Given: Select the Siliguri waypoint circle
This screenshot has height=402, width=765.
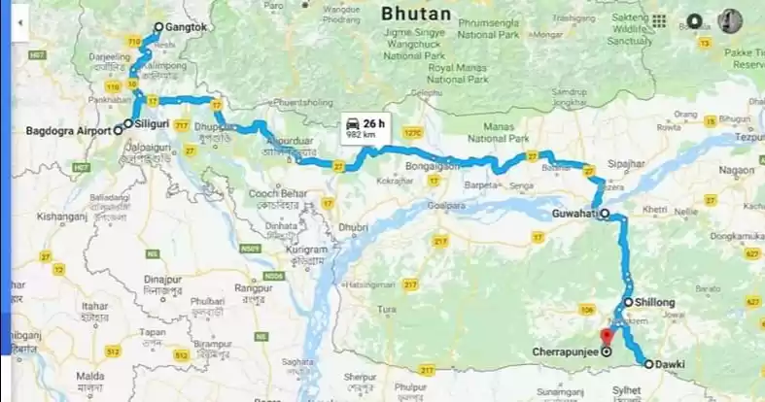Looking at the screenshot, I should pos(127,124).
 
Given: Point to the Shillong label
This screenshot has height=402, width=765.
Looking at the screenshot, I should pos(655,303).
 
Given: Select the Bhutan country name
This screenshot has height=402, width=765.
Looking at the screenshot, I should pos(416,14).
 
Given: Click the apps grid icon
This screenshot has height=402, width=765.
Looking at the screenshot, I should pos(659,20).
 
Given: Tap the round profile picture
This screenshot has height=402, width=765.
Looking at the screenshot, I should pos(730,20).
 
